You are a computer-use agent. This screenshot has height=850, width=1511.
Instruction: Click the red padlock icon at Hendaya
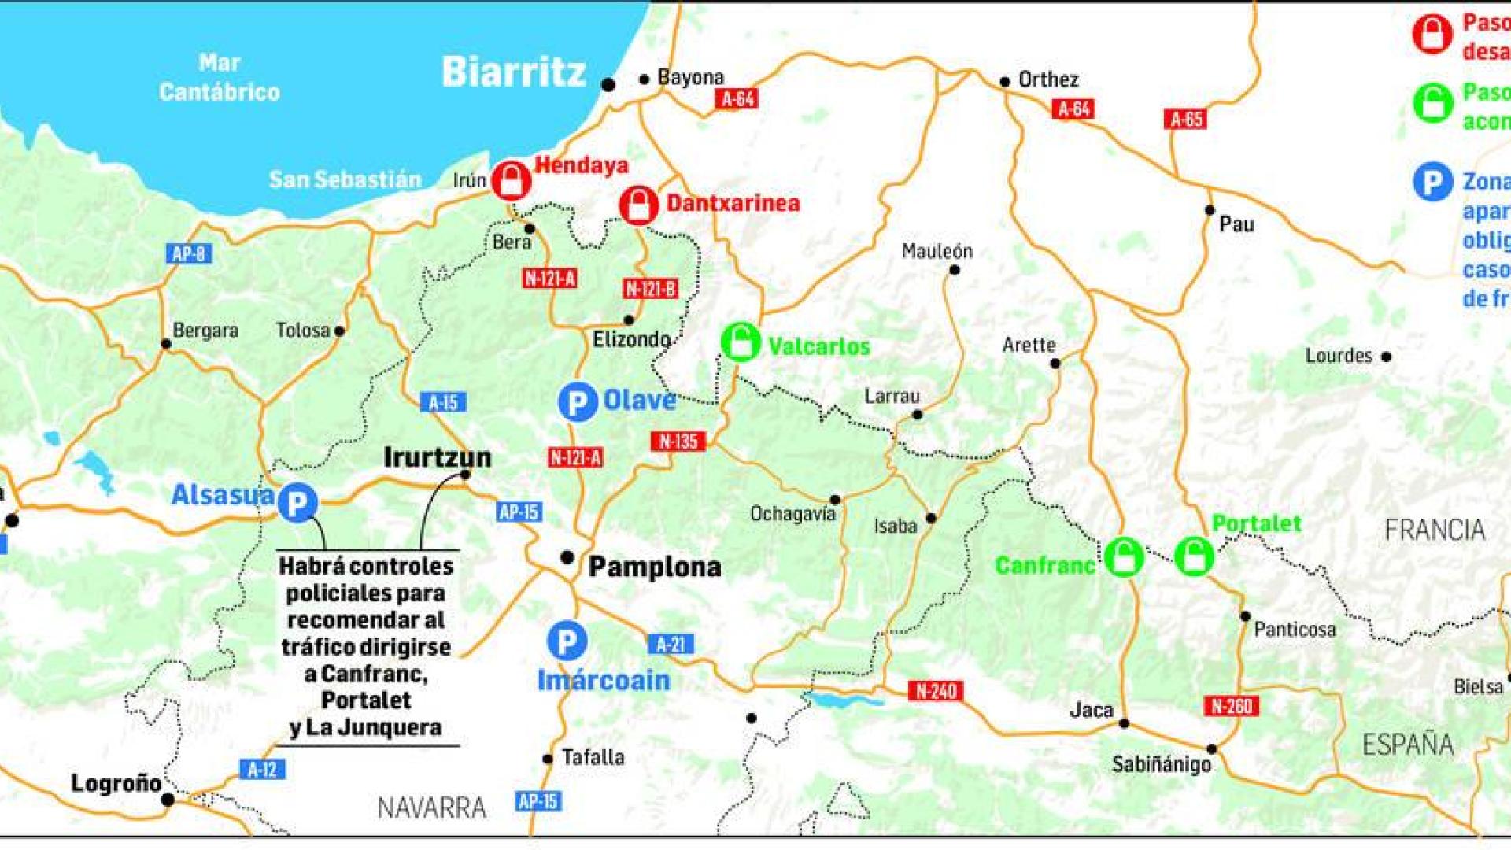[512, 180]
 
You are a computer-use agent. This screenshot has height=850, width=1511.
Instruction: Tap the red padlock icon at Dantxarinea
[638, 205]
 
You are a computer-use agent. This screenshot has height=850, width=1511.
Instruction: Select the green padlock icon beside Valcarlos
[741, 342]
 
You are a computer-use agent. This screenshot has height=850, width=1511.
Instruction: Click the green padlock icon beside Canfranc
[1124, 557]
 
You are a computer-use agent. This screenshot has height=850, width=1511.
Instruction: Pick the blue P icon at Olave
[578, 402]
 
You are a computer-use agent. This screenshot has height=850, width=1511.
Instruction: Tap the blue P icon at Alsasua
[297, 503]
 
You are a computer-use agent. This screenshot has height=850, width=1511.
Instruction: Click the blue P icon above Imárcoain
[567, 641]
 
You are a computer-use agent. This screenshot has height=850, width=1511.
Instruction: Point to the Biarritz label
[514, 72]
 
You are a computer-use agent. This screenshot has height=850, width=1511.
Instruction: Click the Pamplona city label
[655, 567]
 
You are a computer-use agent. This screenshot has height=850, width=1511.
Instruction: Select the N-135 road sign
[678, 442]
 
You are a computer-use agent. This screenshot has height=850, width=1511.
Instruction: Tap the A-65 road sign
[1186, 120]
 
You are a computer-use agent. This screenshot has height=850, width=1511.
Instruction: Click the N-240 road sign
[936, 692]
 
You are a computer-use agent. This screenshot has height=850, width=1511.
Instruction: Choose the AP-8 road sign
[189, 254]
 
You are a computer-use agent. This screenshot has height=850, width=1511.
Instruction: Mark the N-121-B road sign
[650, 289]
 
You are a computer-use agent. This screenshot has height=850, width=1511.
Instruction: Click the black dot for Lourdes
[1386, 357]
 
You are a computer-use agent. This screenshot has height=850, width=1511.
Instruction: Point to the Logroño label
[116, 784]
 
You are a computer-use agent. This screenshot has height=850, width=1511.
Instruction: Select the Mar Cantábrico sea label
[220, 77]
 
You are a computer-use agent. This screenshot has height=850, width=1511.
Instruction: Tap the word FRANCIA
[1435, 530]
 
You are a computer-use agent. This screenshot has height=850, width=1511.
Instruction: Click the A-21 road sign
[671, 645]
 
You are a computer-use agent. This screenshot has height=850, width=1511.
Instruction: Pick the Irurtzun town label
[438, 457]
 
